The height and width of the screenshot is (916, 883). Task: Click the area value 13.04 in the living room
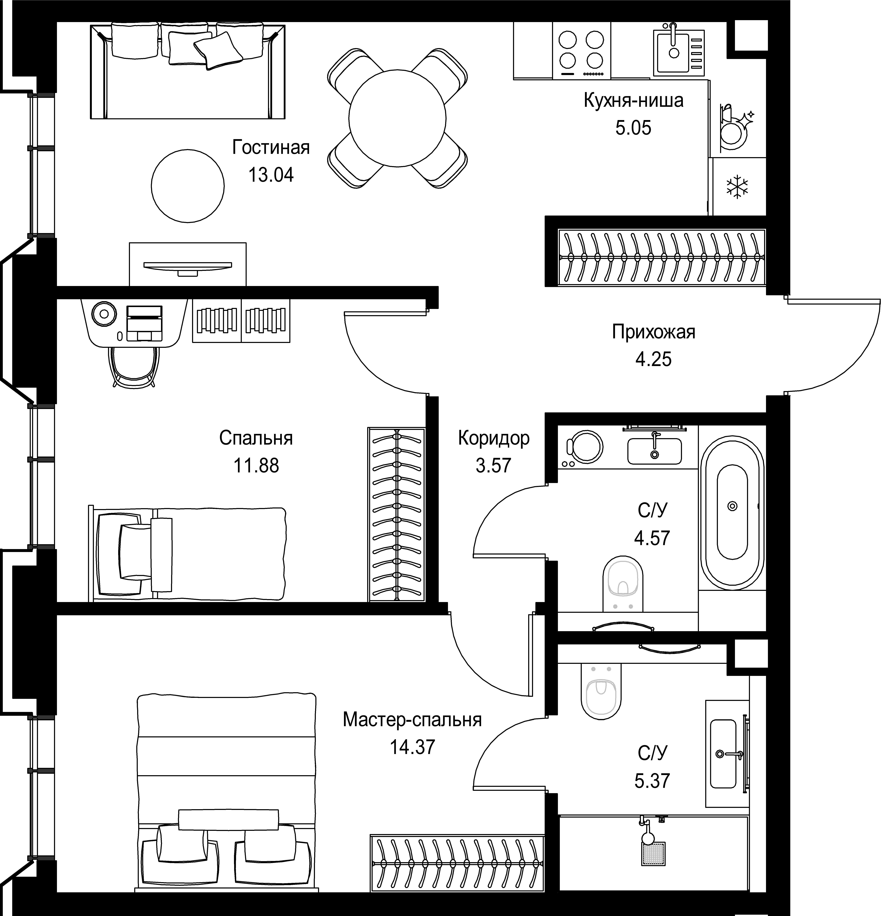pos(271,175)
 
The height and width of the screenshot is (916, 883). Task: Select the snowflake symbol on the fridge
pos(737,187)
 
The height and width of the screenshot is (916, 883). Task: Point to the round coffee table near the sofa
pos(187,186)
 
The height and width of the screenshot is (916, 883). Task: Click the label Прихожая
pos(653,332)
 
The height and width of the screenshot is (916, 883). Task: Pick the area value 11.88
pos(256,466)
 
